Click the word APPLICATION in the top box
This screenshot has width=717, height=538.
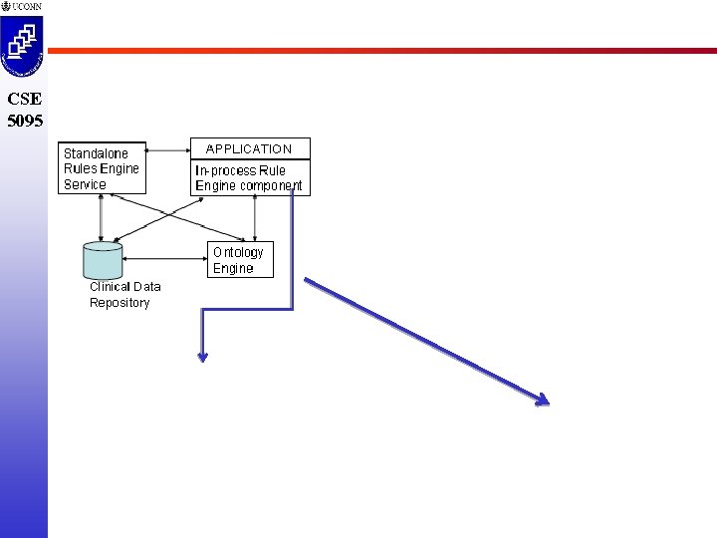249,148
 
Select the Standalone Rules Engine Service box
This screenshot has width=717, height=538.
102,168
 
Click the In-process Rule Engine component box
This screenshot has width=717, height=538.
249,177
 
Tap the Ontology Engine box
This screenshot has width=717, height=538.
240,260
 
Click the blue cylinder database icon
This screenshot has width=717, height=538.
104,259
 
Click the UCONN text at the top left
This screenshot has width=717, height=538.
27,7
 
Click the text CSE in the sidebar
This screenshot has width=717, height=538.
24,100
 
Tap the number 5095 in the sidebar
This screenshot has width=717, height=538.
25,121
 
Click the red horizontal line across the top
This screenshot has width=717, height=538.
378,50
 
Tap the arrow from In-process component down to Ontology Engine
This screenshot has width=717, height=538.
256,217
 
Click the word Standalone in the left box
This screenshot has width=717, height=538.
96,153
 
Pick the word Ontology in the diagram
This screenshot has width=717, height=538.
238,252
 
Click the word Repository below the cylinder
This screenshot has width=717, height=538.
119,303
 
